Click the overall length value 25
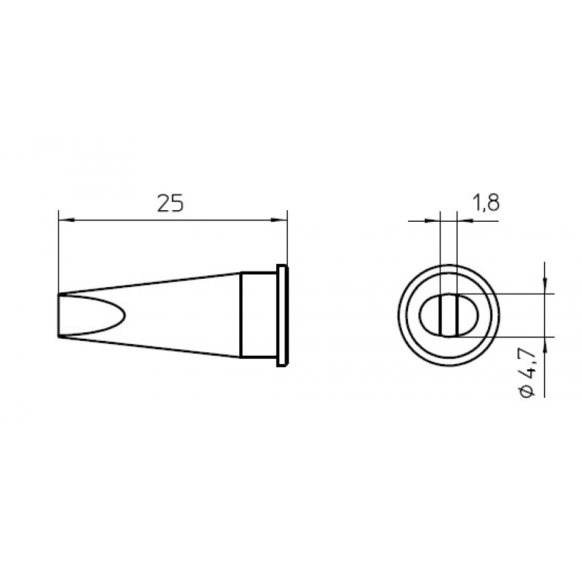click(171, 203)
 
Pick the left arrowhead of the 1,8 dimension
click(434, 221)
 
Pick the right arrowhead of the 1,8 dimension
click(462, 221)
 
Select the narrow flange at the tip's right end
click(282, 316)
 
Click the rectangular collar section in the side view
click(259, 315)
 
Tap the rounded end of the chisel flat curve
click(124, 316)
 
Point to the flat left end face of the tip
click(58, 316)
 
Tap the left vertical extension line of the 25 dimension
click(58, 252)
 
